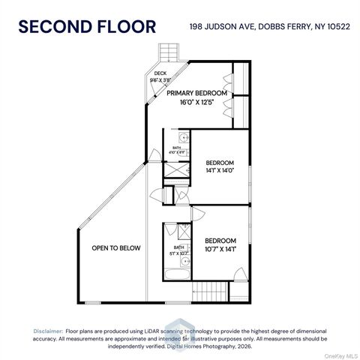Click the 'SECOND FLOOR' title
87,28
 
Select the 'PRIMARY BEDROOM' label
196,93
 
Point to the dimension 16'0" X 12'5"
196,103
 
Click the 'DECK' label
160,73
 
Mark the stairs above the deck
168,53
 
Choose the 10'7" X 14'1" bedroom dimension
220,249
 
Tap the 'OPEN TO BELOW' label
115,248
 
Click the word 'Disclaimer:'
48,331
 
